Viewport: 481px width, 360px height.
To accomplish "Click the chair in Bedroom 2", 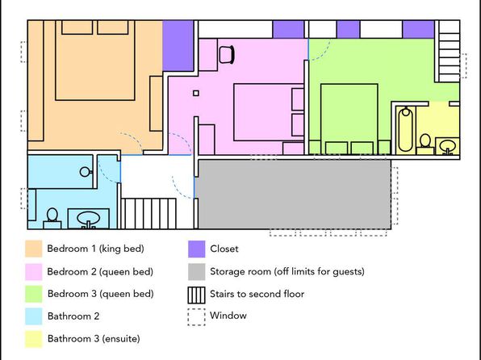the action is [227, 55].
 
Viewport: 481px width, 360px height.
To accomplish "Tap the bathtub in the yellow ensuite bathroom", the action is [405, 130].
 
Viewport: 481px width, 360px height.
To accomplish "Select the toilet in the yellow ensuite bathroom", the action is [425, 144].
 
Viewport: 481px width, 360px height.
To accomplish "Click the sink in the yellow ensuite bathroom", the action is [447, 146].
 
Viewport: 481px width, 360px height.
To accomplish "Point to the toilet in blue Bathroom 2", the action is [52, 219].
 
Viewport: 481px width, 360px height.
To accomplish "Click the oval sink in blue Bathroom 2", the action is [88, 219].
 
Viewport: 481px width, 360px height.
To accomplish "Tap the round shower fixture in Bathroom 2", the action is [86, 172].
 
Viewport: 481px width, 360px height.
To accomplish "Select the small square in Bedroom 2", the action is [196, 93].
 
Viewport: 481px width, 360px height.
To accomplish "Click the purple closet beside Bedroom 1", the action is [178, 46].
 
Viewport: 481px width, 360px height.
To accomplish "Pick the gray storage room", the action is [293, 195].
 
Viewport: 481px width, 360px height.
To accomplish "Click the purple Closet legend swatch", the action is [197, 249].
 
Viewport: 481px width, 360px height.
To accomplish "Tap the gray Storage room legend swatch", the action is [197, 271].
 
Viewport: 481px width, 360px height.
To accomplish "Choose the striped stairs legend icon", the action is [196, 295].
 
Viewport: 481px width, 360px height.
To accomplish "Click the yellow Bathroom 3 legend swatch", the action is [33, 339].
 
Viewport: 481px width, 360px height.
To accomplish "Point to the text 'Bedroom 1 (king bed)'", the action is [95, 249].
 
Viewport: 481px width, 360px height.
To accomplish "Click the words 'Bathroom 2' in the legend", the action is [73, 316].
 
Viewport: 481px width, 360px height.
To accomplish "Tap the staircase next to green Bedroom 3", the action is [449, 51].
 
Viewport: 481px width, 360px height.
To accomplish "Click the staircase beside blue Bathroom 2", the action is [148, 214].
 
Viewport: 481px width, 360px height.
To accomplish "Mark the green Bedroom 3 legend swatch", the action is [33, 294].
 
